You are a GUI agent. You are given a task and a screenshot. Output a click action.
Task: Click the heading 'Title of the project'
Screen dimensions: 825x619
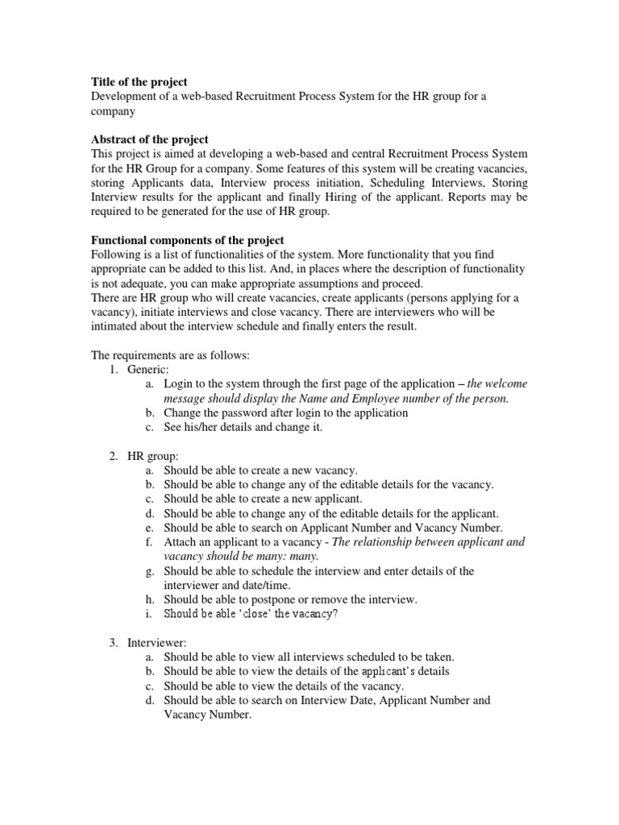click(x=138, y=81)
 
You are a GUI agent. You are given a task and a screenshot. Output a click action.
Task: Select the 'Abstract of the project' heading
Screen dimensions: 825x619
click(x=149, y=139)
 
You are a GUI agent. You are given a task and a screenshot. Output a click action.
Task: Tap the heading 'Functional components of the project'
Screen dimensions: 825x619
click(x=186, y=241)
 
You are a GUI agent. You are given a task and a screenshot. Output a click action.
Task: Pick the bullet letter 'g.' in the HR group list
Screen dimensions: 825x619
click(x=150, y=570)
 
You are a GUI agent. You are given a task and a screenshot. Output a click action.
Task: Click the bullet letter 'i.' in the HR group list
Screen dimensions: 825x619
click(x=150, y=614)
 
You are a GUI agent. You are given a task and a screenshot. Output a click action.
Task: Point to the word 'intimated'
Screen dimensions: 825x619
click(x=114, y=328)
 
